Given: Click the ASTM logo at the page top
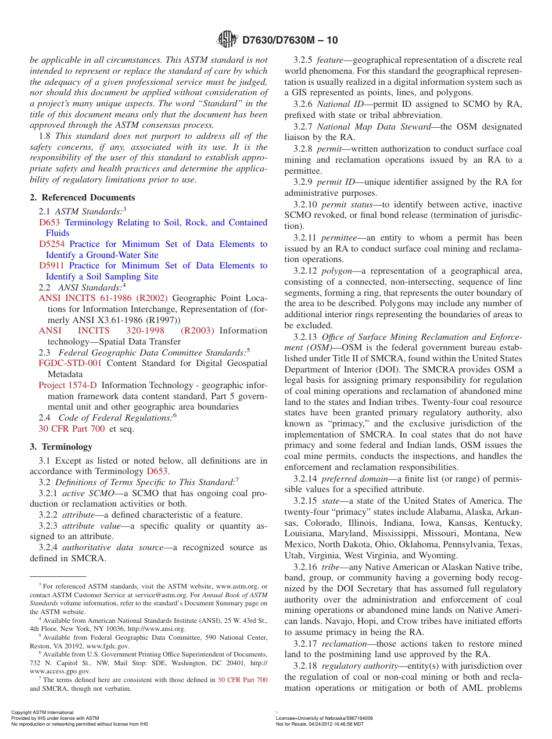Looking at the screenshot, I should [227, 40].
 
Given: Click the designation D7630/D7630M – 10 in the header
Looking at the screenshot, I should [289, 40].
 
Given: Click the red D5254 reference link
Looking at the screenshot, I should [52, 244].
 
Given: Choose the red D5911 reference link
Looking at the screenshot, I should [52, 266].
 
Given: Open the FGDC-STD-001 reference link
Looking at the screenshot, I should [70, 363].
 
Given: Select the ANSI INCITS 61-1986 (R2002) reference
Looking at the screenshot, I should [103, 298].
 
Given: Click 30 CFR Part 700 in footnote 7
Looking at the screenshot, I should [242, 680].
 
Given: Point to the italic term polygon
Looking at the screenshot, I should [337, 271].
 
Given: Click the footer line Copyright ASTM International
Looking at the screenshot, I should [42, 712].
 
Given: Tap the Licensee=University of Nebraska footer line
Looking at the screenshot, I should [324, 718].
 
